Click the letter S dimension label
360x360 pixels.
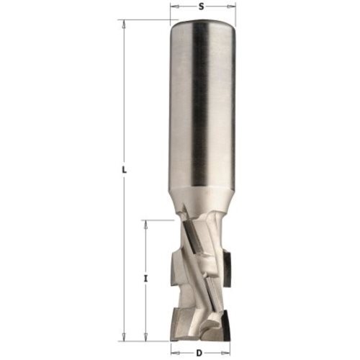tap(202, 7)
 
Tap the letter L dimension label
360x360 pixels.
tap(124, 170)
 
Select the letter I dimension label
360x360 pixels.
tap(145, 279)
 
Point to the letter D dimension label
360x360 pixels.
tap(199, 353)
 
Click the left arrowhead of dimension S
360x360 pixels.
tap(174, 7)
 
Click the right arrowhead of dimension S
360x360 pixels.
tap(232, 7)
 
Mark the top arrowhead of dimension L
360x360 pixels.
tap(124, 23)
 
